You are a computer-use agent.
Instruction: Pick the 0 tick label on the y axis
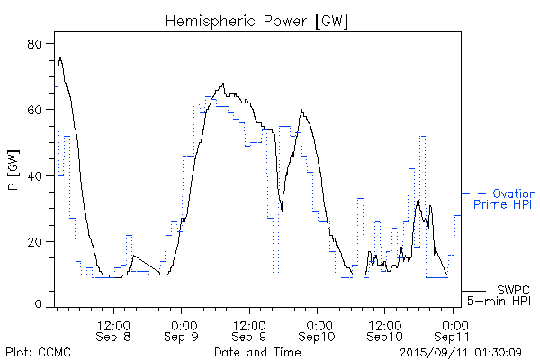[x=40, y=306]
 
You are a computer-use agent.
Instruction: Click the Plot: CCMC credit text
[x=34, y=350]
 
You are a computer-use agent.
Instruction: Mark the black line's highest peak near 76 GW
[x=60, y=57]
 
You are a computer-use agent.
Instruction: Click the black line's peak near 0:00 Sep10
[x=302, y=110]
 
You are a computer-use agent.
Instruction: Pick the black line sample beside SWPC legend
[x=472, y=290]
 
